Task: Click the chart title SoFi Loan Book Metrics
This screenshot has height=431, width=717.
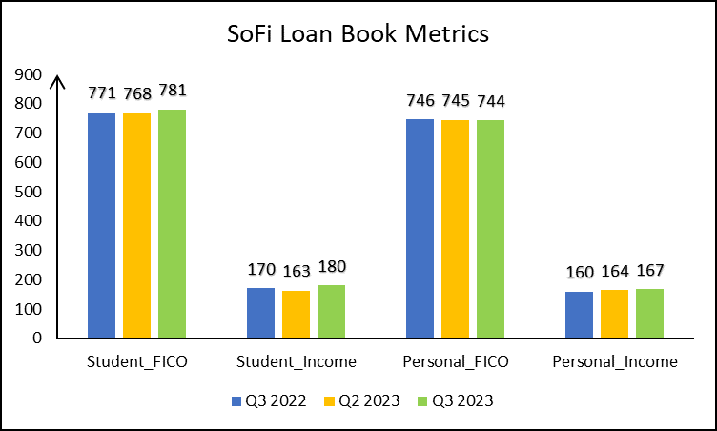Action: (x=358, y=34)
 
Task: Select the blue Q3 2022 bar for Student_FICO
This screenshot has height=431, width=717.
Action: (x=102, y=225)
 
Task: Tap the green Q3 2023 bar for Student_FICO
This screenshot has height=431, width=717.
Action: (x=173, y=224)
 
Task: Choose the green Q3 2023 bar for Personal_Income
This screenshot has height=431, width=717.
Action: (x=649, y=314)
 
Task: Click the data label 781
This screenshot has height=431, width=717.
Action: (x=173, y=92)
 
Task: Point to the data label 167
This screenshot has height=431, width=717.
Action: (x=649, y=271)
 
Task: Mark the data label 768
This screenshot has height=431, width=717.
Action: (x=137, y=94)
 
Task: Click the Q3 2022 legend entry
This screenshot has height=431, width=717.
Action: (x=270, y=400)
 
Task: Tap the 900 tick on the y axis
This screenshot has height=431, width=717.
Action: (x=31, y=74)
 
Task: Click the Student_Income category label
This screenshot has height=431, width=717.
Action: (x=296, y=361)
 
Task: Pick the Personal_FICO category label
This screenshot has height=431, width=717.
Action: (x=456, y=361)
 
